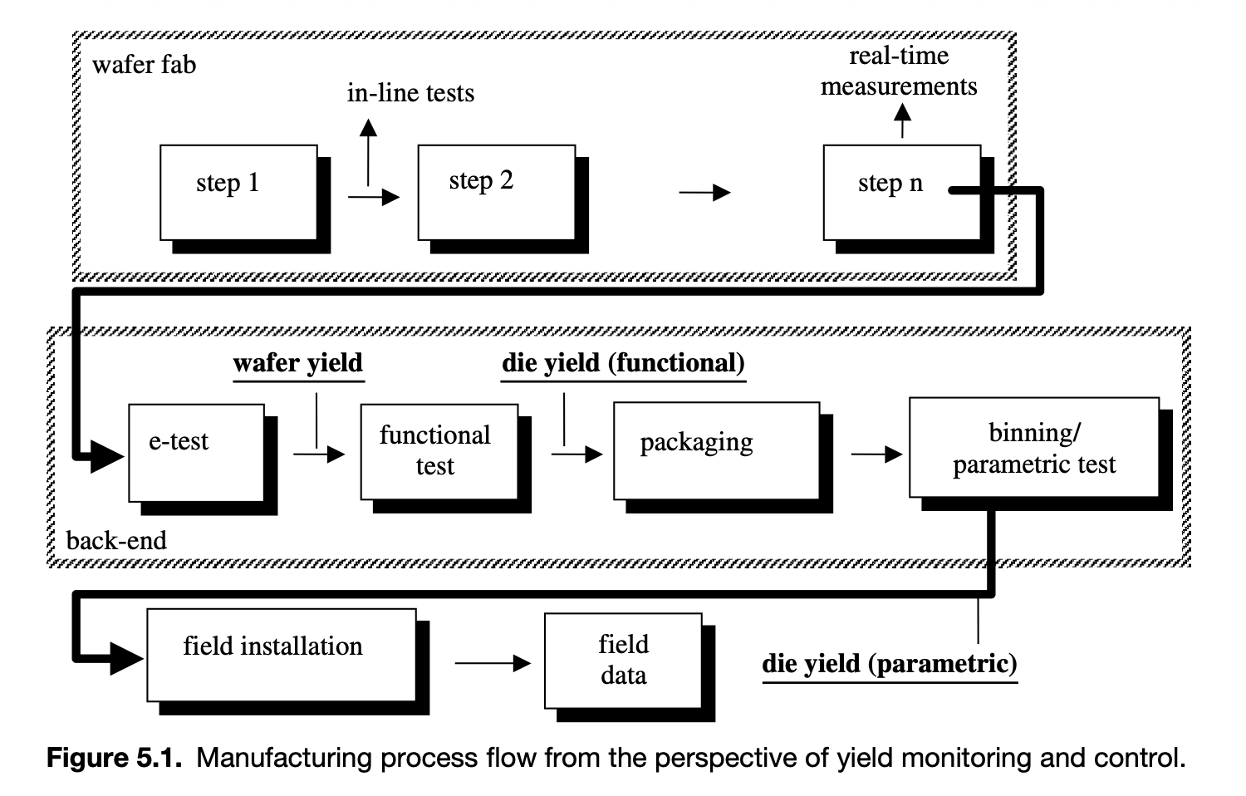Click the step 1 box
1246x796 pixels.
[238, 193]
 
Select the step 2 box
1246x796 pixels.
[496, 193]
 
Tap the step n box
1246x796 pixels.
[901, 193]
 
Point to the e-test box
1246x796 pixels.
[196, 453]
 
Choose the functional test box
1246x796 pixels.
[439, 452]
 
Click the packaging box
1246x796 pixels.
[716, 450]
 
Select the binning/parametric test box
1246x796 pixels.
[1034, 448]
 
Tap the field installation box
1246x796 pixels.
[281, 655]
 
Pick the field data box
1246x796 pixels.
[623, 661]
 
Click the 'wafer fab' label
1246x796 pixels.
[144, 65]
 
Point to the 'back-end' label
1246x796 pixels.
[116, 541]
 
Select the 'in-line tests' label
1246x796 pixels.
[410, 93]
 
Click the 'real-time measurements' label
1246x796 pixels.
[899, 71]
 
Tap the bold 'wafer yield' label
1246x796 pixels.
[298, 363]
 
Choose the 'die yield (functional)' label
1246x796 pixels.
[623, 363]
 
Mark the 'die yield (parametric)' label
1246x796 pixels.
[890, 664]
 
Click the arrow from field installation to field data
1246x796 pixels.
[493, 663]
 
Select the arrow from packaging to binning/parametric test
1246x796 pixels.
[876, 454]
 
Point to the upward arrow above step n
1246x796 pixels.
[902, 124]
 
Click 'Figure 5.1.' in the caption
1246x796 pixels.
[114, 758]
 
